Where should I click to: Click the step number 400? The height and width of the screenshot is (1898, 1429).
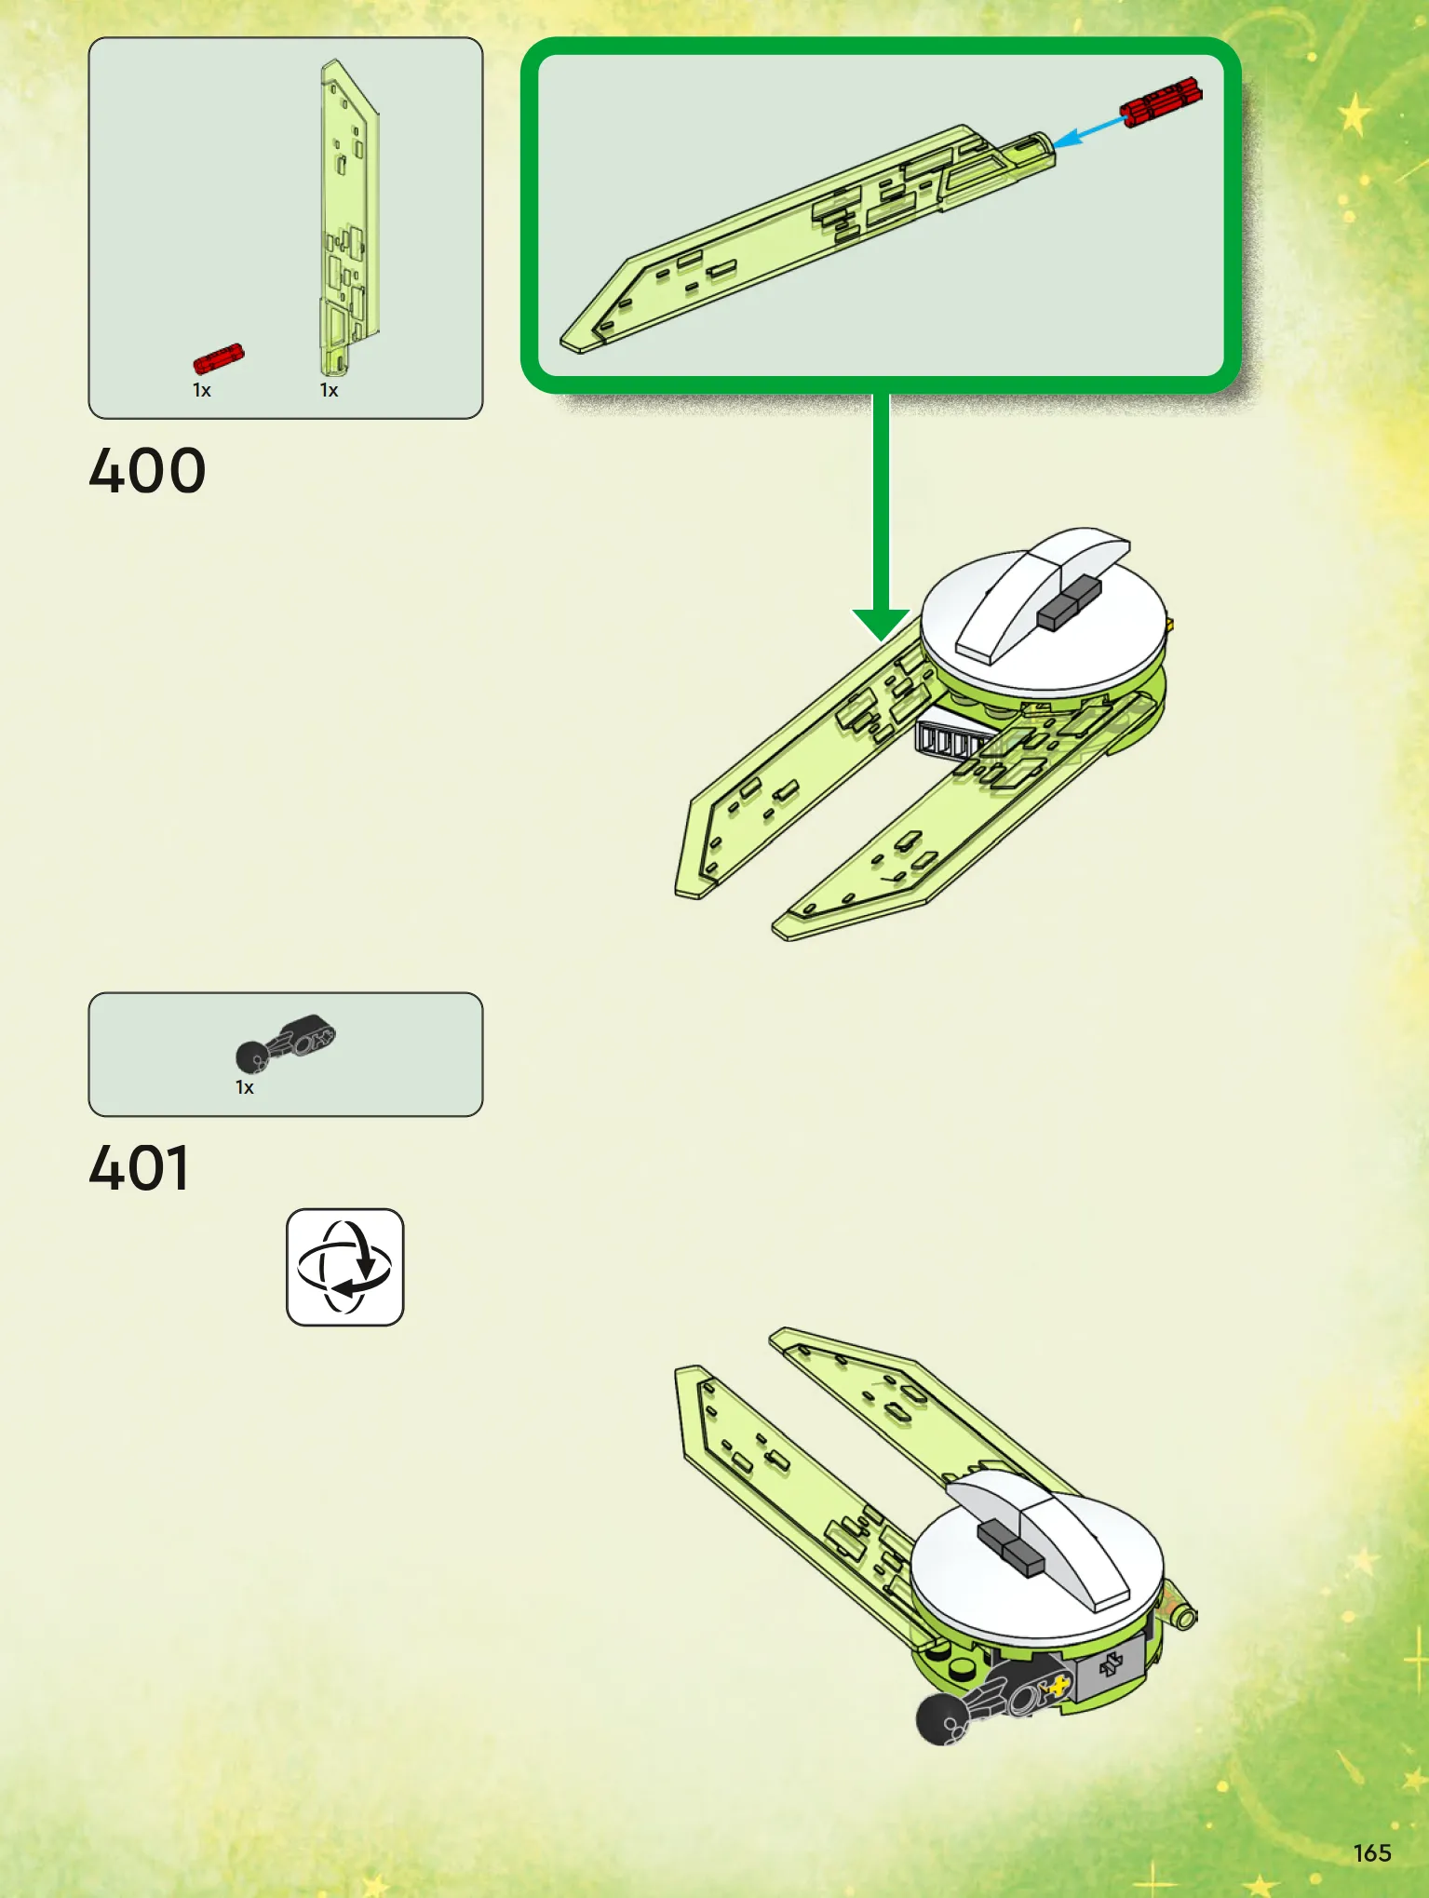[x=147, y=471]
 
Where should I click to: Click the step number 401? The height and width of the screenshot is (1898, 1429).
[x=140, y=1168]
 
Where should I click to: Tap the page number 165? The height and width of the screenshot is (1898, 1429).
[x=1372, y=1852]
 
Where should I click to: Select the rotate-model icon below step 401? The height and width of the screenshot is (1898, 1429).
[x=344, y=1267]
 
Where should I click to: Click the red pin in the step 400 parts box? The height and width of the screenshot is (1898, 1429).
[x=219, y=358]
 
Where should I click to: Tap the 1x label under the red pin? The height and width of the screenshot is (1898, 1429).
[x=202, y=391]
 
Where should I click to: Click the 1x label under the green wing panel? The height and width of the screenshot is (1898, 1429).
[x=329, y=391]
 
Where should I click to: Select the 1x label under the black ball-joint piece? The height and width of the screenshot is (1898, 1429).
[x=245, y=1087]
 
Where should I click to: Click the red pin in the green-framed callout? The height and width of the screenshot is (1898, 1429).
[x=1161, y=102]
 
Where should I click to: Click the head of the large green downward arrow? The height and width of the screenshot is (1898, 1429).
[x=882, y=625]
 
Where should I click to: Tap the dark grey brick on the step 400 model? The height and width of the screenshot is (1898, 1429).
[x=1069, y=603]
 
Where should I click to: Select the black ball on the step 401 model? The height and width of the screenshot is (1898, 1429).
[x=941, y=1718]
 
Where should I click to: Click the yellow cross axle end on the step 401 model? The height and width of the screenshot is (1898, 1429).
[x=1058, y=1684]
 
